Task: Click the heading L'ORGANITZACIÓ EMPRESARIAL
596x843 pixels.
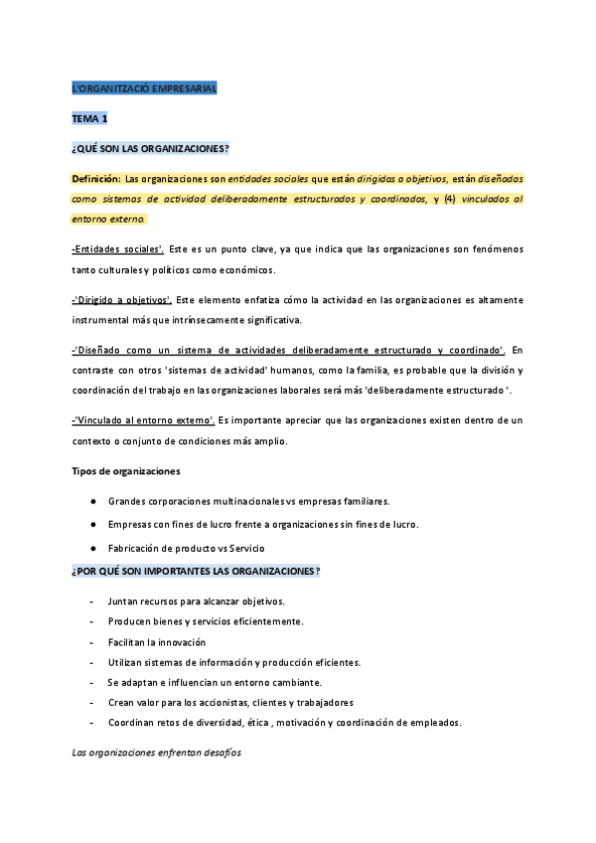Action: tap(144, 89)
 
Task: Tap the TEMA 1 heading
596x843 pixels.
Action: tap(89, 119)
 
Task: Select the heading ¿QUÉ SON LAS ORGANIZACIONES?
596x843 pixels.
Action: tap(150, 149)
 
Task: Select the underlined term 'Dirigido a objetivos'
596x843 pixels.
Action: tap(120, 299)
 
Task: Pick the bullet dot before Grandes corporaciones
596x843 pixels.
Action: tap(92, 500)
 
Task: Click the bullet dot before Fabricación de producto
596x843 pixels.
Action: tap(92, 548)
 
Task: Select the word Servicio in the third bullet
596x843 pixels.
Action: tap(244, 548)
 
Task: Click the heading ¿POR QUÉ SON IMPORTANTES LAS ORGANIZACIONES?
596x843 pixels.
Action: tap(196, 572)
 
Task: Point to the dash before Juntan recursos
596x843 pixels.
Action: tap(92, 601)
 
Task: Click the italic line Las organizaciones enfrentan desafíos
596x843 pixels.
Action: tap(156, 753)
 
